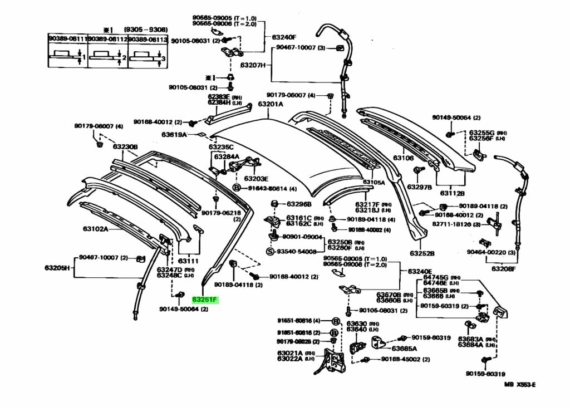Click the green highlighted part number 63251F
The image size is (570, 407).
coord(204,300)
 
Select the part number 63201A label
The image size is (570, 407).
coord(270,104)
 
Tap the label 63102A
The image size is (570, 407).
coord(96,229)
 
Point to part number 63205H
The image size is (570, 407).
coord(57,268)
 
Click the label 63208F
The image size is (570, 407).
coord(503,268)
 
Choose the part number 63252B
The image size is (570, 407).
coord(421,253)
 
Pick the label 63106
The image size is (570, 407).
coord(404,158)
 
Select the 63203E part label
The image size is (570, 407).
coord(256,179)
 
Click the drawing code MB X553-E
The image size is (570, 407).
coord(520,384)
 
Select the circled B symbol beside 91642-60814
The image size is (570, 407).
coord(236,189)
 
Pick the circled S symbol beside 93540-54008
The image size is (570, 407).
coord(270,252)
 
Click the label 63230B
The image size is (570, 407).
coord(125,147)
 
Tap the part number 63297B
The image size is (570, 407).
coord(420,187)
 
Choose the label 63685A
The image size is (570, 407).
coord(404,349)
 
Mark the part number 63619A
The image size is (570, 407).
coord(174,135)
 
